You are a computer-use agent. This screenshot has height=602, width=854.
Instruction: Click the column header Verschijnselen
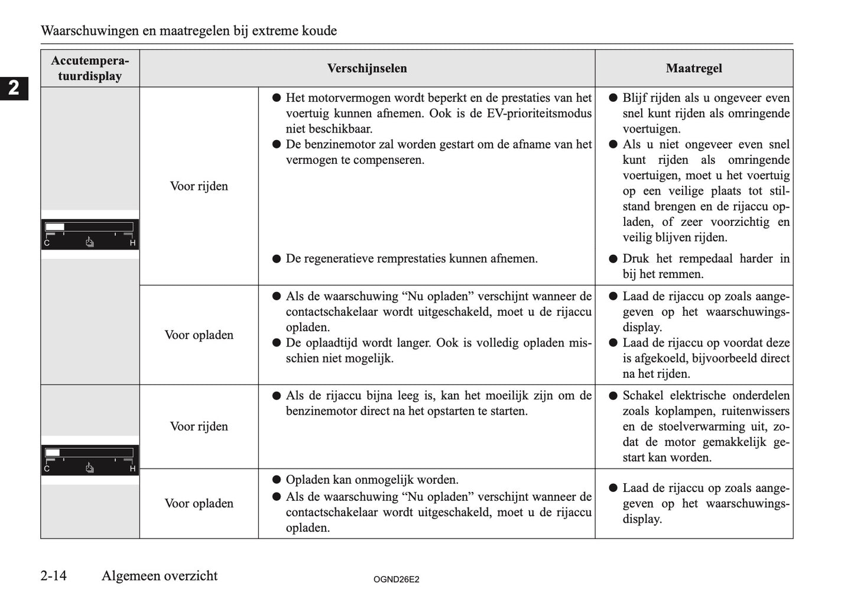(367, 69)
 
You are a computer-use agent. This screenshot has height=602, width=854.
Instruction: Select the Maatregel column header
(693, 69)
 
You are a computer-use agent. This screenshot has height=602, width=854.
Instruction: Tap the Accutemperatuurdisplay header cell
(90, 69)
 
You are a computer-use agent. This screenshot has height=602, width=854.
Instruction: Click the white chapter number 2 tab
(14, 88)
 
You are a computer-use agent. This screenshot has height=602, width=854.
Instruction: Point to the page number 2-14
(54, 575)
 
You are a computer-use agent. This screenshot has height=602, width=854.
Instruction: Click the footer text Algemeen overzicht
(160, 575)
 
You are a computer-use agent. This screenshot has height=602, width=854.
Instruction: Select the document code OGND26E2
(396, 580)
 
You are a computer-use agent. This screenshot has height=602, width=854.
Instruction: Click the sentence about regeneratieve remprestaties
(411, 258)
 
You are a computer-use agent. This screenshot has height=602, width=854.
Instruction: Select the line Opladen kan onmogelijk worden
(372, 480)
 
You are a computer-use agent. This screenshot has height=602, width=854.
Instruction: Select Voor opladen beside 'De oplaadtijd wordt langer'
(199, 335)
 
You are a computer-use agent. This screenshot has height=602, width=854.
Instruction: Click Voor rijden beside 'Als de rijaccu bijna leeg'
(199, 426)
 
